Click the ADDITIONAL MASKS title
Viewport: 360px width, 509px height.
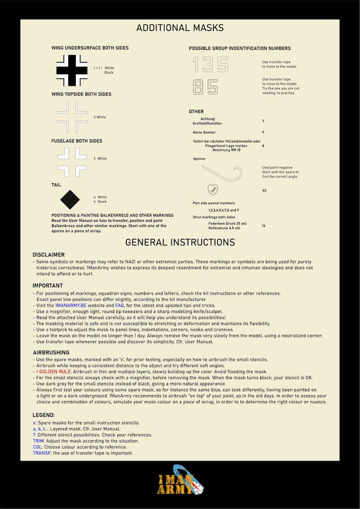tap(180, 28)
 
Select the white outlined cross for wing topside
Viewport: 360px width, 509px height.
tap(72, 117)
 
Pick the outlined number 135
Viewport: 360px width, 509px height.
tap(210, 65)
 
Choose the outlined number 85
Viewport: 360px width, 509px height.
tap(205, 87)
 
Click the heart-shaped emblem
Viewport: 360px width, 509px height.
tap(214, 189)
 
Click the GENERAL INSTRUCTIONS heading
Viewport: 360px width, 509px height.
tap(180, 242)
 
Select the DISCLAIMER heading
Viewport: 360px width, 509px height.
tap(48, 254)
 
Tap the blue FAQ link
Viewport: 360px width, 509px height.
tap(120, 304)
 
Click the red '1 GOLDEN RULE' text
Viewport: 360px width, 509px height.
tap(53, 372)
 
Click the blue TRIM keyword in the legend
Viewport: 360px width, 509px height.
tap(38, 441)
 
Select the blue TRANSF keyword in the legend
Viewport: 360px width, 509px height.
tap(41, 453)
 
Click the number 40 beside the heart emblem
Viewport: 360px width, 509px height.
tap(264, 190)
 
